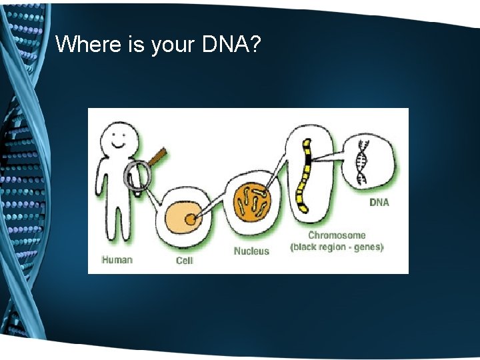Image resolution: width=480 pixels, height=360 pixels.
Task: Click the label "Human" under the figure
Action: [x=117, y=259]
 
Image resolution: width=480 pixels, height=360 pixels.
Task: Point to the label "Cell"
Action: [x=185, y=260]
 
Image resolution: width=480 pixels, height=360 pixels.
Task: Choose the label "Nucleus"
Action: [x=251, y=251]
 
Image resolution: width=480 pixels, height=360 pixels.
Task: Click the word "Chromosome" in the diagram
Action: [x=337, y=235]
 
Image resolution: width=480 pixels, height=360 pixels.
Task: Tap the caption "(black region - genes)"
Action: [x=337, y=247]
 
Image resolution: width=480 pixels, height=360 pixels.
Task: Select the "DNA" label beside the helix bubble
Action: [x=379, y=203]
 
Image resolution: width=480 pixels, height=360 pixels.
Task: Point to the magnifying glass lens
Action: [x=137, y=176]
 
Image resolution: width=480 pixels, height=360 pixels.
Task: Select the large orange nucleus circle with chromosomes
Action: [x=252, y=201]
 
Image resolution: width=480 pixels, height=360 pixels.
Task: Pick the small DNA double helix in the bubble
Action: [x=361, y=162]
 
